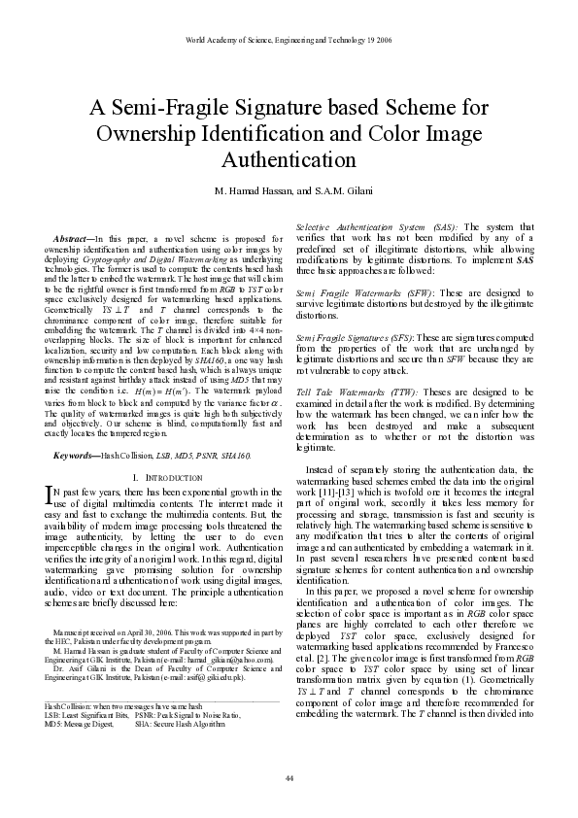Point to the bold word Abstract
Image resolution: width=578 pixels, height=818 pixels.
tap(75, 238)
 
